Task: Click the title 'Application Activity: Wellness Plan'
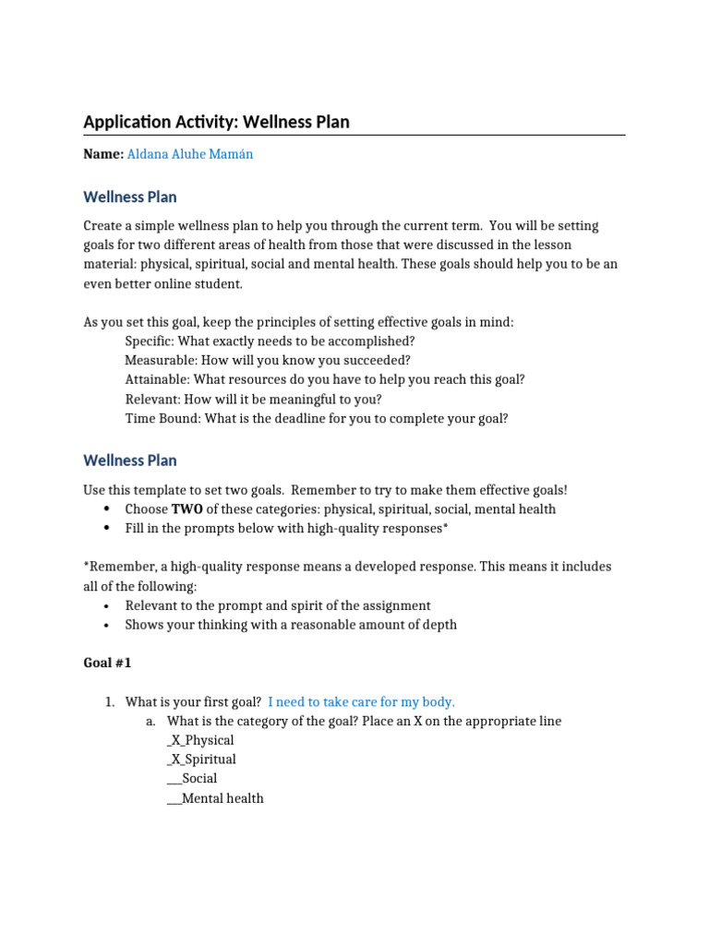[216, 122]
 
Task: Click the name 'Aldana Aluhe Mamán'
[189, 154]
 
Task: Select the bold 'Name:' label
[103, 154]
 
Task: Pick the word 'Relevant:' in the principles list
[153, 399]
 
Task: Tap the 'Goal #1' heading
[108, 663]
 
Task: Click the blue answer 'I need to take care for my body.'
[361, 701]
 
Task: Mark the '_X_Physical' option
[200, 740]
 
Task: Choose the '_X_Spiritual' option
[201, 760]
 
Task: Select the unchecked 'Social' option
[192, 779]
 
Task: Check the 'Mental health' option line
[215, 798]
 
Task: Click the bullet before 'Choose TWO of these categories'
[107, 508]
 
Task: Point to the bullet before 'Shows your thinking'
[107, 625]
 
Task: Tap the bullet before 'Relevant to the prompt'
[107, 605]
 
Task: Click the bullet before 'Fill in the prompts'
[107, 528]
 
